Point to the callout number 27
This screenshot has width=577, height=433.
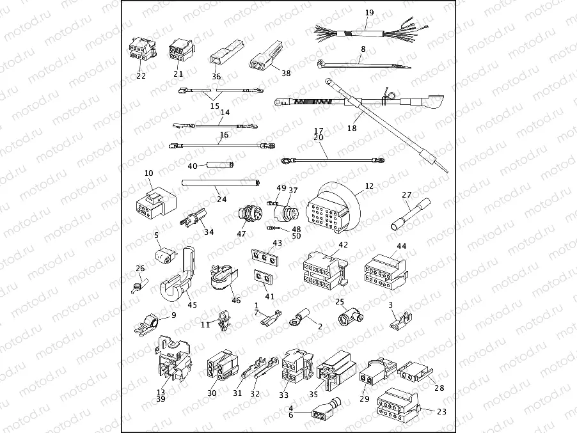[406, 195]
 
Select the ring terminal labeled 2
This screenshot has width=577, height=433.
[300, 314]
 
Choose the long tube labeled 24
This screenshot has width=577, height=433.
[219, 183]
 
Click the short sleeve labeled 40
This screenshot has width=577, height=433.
[217, 166]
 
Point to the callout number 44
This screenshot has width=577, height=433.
[401, 246]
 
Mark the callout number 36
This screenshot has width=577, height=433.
[216, 77]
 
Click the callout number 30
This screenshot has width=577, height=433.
[212, 393]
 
